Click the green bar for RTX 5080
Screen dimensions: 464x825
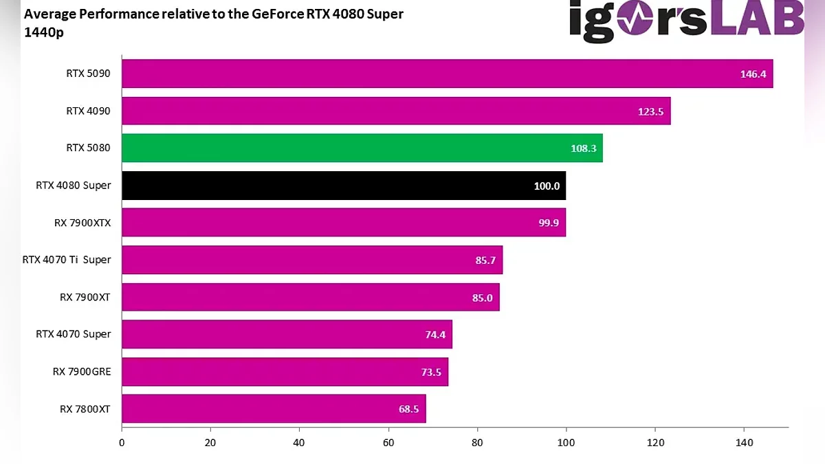coord(362,148)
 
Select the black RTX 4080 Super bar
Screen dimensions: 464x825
coord(344,186)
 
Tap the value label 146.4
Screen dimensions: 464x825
coord(753,74)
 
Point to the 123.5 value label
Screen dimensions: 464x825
coord(650,111)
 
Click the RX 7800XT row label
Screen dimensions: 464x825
coord(85,409)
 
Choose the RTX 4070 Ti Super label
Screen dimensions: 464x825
coord(67,259)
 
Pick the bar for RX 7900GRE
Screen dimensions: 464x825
coord(285,372)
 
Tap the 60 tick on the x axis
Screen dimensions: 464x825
coord(388,443)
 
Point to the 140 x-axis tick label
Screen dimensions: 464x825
coord(744,443)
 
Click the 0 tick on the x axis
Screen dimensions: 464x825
coord(122,443)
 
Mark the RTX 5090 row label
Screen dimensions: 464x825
coord(88,73)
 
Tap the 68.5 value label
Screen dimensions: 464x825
coord(408,409)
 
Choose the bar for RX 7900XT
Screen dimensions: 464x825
coord(310,297)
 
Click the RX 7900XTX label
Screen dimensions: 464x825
coord(82,222)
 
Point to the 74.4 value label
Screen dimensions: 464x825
coord(435,335)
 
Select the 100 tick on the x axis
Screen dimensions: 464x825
coord(566,443)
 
